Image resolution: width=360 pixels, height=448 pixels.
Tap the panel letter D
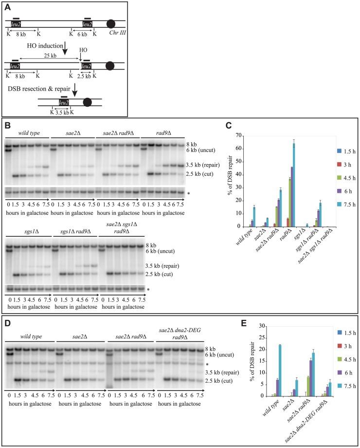(x=8, y=322)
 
